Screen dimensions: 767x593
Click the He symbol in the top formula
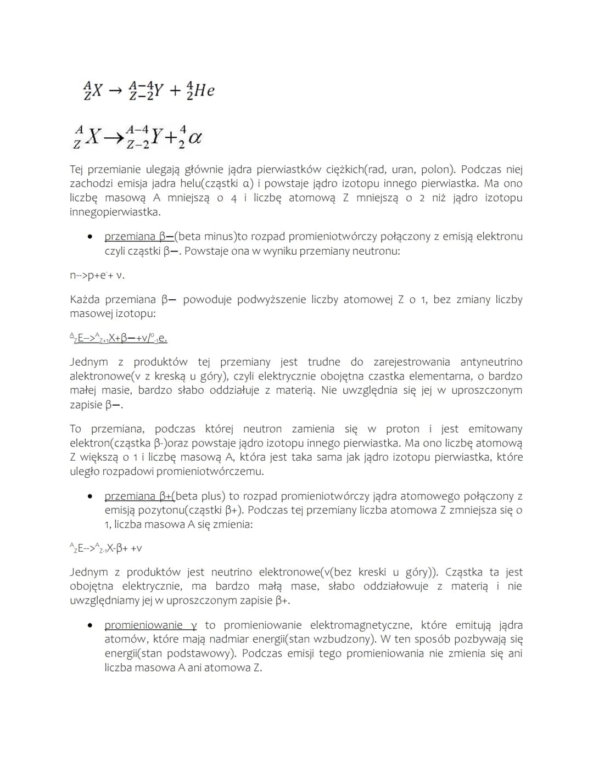point(204,90)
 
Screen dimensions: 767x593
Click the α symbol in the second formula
point(194,138)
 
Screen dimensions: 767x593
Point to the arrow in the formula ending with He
point(114,91)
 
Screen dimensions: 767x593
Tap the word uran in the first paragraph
point(403,170)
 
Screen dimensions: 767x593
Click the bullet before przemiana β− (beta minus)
point(89,237)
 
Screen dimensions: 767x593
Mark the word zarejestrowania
point(411,362)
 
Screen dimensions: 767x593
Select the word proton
point(404,429)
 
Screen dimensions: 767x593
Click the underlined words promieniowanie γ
point(150,625)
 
